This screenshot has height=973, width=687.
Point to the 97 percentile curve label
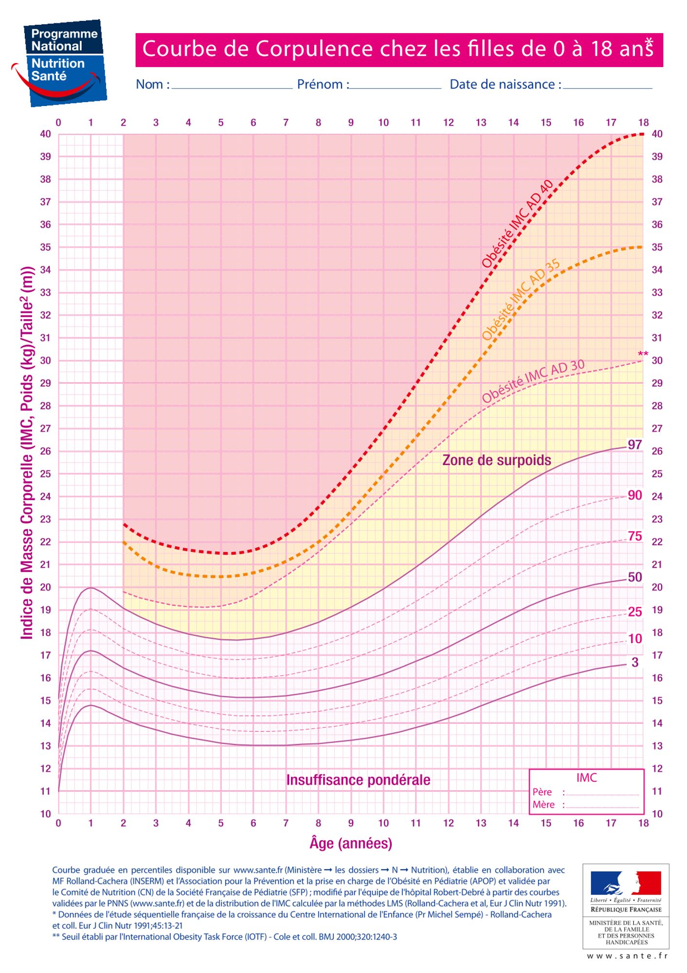point(635,445)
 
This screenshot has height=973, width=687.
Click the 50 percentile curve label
point(635,577)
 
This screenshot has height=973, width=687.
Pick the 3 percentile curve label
point(635,662)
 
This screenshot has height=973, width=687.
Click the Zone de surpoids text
point(496,460)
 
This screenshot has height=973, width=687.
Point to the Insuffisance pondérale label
point(358,780)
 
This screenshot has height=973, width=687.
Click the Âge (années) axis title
point(351,843)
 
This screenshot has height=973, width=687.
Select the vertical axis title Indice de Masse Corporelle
point(27,452)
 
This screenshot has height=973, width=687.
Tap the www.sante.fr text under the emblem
point(627,956)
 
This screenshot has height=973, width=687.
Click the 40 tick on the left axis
point(45,134)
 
